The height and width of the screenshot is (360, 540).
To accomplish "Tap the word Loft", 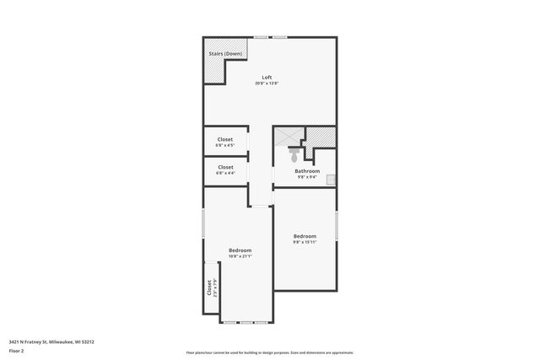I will pyautogui.click(x=267, y=78).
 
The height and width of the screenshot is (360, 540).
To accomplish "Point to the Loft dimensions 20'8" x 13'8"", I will pyautogui.click(x=267, y=83).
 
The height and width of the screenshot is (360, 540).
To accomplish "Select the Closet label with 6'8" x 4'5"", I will pyautogui.click(x=225, y=139).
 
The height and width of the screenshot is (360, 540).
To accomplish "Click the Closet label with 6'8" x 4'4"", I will pyautogui.click(x=225, y=167).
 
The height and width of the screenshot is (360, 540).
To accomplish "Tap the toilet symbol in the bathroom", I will pyautogui.click(x=294, y=155).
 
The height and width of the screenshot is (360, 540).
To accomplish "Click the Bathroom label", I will pyautogui.click(x=307, y=171).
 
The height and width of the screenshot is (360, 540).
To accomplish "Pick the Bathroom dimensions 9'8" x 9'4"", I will pyautogui.click(x=307, y=177).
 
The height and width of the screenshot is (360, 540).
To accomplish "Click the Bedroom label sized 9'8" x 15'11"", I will pyautogui.click(x=305, y=235).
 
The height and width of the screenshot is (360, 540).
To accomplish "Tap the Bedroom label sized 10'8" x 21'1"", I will pyautogui.click(x=240, y=250).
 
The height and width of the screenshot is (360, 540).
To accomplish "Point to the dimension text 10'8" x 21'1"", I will pyautogui.click(x=240, y=256).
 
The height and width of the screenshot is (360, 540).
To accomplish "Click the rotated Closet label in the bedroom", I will pyautogui.click(x=209, y=287).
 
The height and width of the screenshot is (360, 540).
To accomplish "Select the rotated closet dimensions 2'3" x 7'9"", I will pyautogui.click(x=215, y=287).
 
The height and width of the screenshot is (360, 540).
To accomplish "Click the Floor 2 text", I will pyautogui.click(x=17, y=350).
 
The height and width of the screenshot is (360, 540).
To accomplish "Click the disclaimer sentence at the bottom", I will pyautogui.click(x=270, y=352).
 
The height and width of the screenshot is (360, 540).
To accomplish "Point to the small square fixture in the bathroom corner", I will pyautogui.click(x=332, y=179).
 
